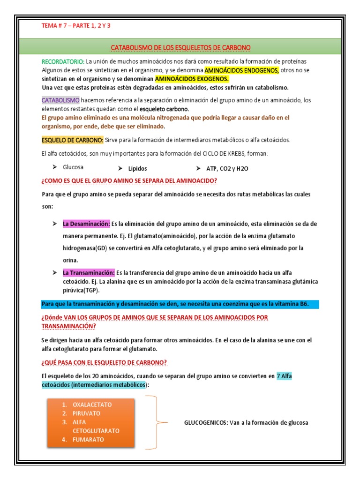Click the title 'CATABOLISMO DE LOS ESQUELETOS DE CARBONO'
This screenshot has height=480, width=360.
click(180, 48)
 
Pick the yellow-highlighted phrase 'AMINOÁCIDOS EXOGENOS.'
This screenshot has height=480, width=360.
click(192, 79)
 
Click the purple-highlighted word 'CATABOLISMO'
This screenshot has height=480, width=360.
click(60, 100)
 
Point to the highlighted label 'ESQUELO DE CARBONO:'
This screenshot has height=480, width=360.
click(72, 140)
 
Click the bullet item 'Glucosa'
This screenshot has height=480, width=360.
click(74, 167)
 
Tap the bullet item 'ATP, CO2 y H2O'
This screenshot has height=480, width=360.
click(227, 168)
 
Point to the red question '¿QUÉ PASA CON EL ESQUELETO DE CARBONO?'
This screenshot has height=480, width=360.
click(104, 362)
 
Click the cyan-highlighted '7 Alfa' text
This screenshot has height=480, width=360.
click(284, 376)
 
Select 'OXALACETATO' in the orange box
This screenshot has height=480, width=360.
click(92, 404)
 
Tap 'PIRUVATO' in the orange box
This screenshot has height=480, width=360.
click(86, 413)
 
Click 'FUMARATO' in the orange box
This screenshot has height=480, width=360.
click(88, 440)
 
